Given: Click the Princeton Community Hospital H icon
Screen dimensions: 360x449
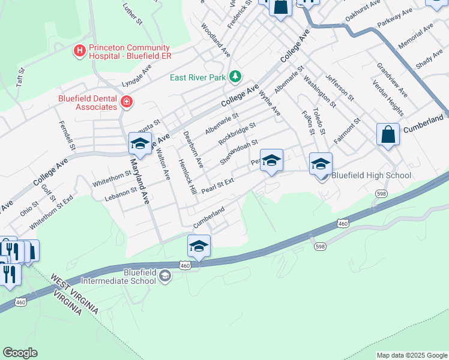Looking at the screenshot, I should [x=79, y=52].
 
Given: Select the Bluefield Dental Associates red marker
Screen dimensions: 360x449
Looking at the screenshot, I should [x=126, y=102].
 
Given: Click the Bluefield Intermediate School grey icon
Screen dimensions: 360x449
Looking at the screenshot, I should [x=164, y=277].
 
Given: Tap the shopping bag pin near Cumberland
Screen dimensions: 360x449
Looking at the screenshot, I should [x=388, y=135].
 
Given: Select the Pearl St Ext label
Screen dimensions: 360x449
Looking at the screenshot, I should [x=217, y=185].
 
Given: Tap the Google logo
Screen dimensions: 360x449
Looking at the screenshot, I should [x=20, y=353].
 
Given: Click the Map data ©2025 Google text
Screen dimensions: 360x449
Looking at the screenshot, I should [x=412, y=355].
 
